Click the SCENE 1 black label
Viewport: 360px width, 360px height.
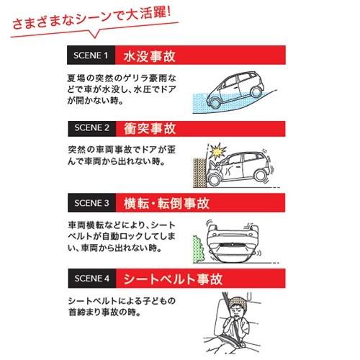(91, 55)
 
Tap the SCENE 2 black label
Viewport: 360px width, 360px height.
(91, 128)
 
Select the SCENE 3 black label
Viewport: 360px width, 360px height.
(91, 202)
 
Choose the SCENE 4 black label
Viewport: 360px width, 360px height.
(91, 276)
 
